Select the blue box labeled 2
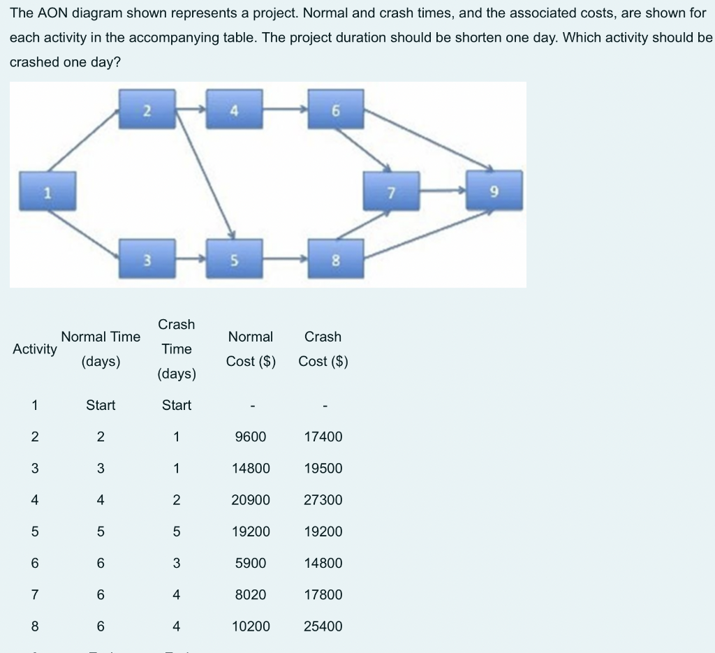pyautogui.click(x=147, y=108)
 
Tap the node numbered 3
pyautogui.click(x=147, y=260)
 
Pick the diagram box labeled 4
pyautogui.click(x=234, y=108)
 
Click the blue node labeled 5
pyautogui.click(x=234, y=260)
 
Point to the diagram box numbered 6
pyautogui.click(x=336, y=108)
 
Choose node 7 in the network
pyautogui.click(x=391, y=191)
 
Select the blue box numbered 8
pyautogui.click(x=336, y=260)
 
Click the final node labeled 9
pyautogui.click(x=494, y=191)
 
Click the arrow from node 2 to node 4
pyautogui.click(x=191, y=109)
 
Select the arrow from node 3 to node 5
pyautogui.click(x=191, y=260)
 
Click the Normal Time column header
pyautogui.click(x=101, y=348)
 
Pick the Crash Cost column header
pyautogui.click(x=323, y=348)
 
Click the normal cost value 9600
pyautogui.click(x=251, y=436)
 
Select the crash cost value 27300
pyautogui.click(x=323, y=500)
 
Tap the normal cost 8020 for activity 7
pyautogui.click(x=251, y=594)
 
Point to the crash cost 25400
pyautogui.click(x=323, y=626)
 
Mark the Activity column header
pyautogui.click(x=35, y=349)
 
